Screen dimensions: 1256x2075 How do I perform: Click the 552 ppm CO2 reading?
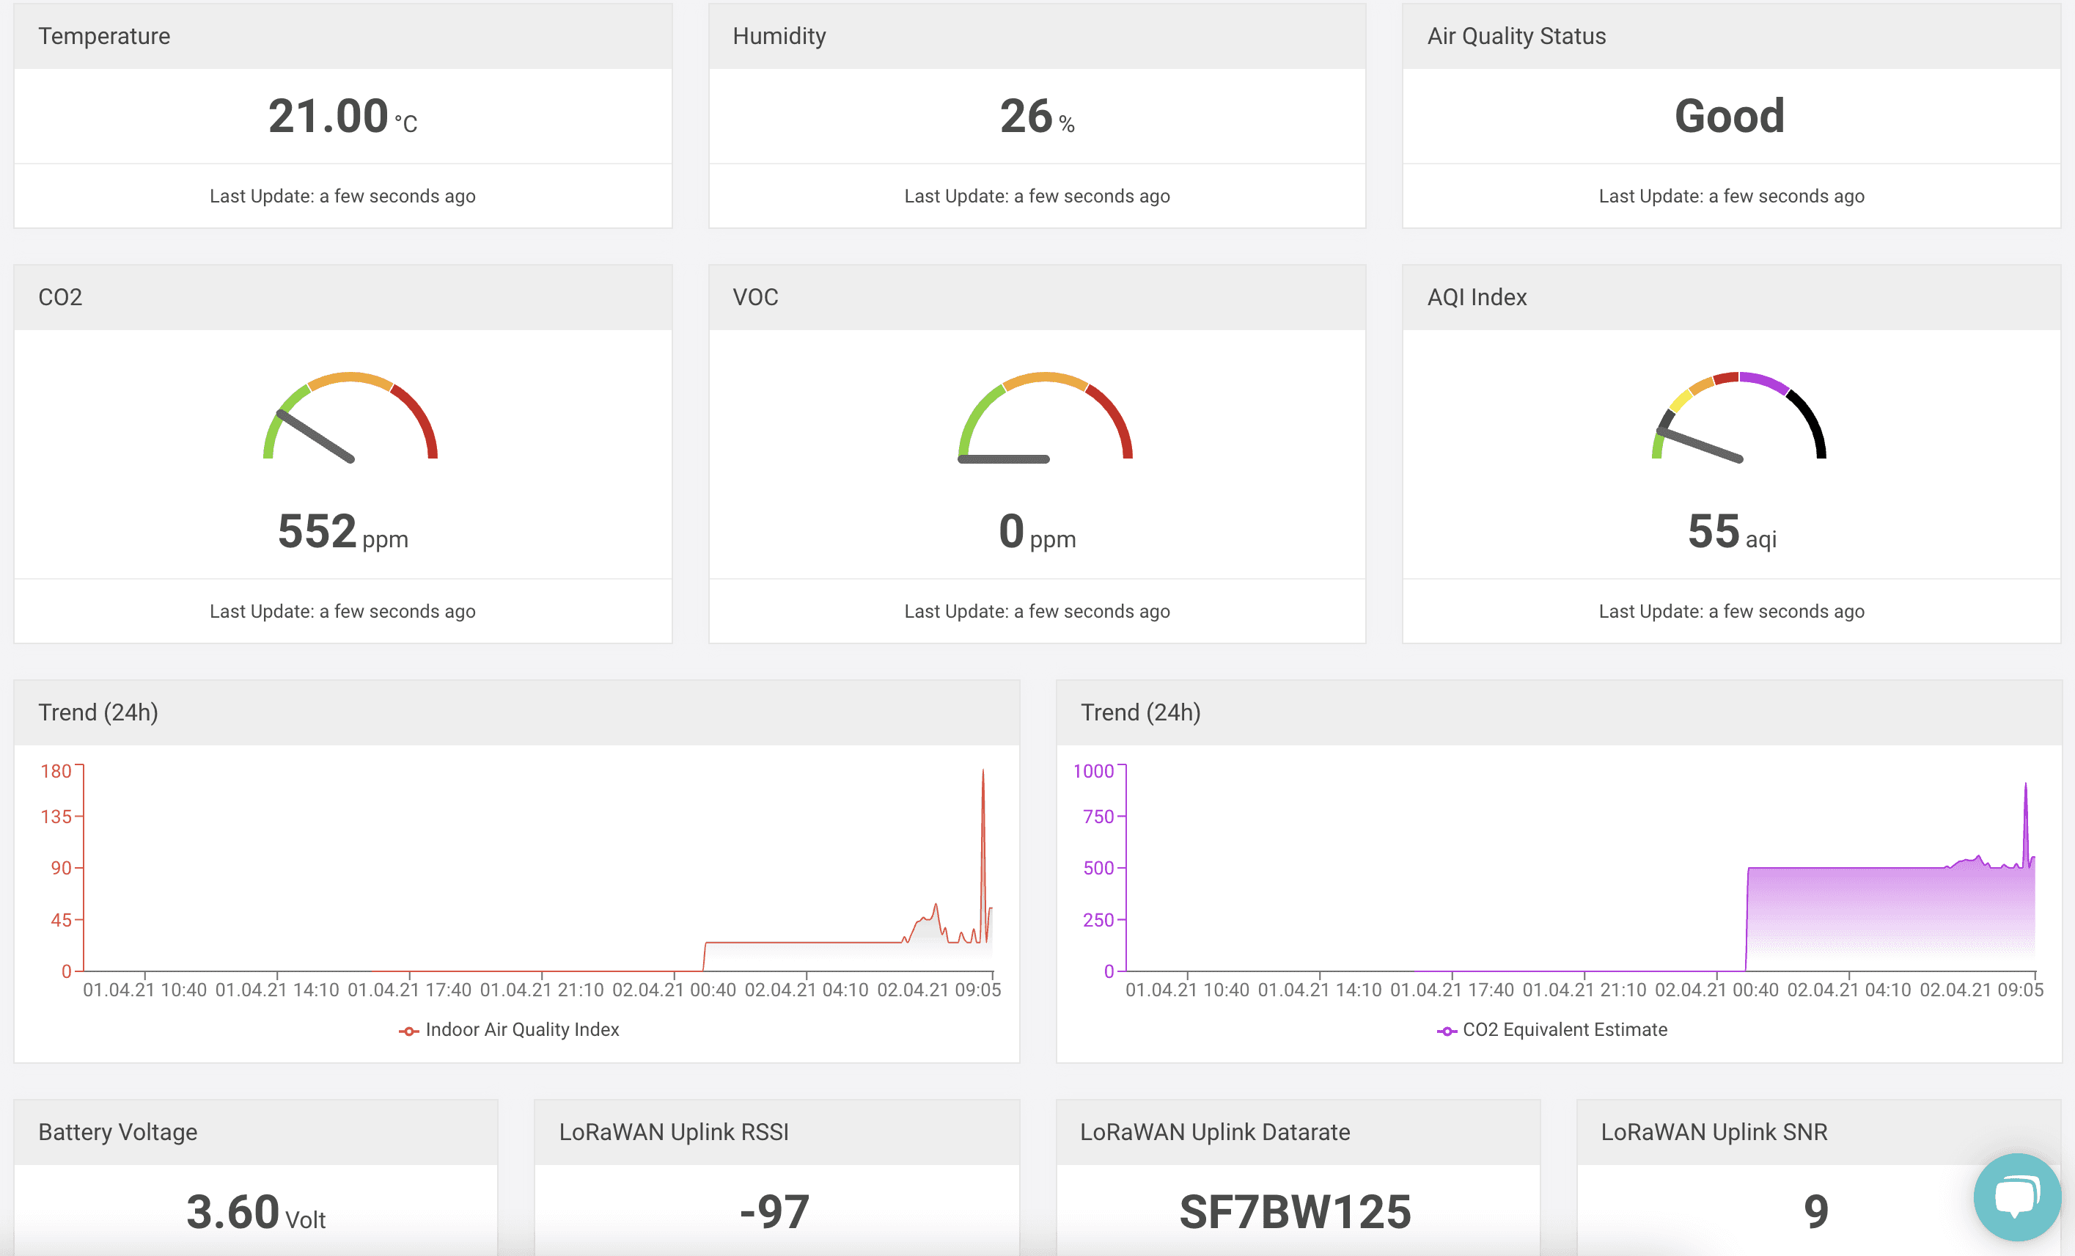coord(317,532)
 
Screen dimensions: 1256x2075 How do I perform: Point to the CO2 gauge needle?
coord(316,437)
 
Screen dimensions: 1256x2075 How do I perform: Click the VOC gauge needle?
coord(1004,459)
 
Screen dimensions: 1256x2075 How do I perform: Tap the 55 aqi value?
coord(1714,532)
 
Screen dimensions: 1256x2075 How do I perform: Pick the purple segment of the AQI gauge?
coord(1764,381)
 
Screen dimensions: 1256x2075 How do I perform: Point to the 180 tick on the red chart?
coord(56,771)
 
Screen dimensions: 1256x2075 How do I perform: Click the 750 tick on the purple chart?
coord(1098,817)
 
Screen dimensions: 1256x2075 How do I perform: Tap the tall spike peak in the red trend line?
coord(983,772)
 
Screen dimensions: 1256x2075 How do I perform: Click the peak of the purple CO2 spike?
coord(2025,785)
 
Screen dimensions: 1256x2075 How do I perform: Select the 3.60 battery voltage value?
coord(233,1212)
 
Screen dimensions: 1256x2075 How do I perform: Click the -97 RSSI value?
coord(775,1212)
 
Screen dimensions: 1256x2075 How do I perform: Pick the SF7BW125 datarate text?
coord(1295,1212)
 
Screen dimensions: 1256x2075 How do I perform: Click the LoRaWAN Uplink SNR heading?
coord(1714,1132)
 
